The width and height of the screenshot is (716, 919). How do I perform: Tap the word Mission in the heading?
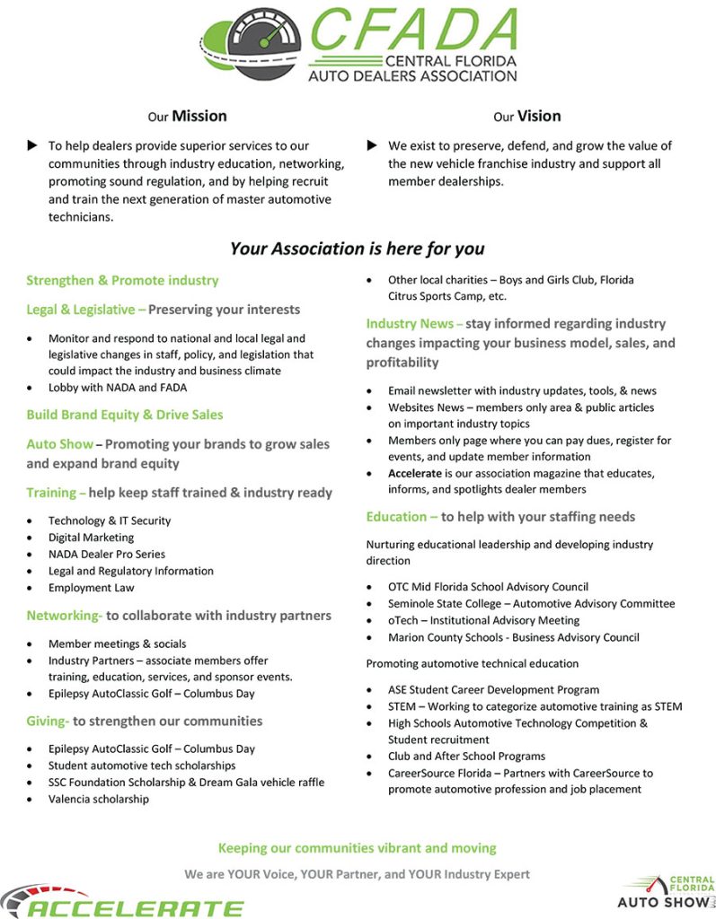[x=199, y=116]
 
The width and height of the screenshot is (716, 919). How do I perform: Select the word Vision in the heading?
[x=539, y=116]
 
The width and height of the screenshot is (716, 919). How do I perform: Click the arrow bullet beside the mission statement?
[x=33, y=145]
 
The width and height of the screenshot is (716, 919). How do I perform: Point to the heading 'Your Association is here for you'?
[x=357, y=249]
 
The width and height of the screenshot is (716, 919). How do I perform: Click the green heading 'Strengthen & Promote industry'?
[x=122, y=280]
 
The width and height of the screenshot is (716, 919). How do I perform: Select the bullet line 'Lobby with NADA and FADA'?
[x=118, y=388]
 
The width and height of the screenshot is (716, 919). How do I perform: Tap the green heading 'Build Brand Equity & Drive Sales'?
[x=125, y=415]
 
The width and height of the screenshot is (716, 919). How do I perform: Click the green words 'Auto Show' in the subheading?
[x=59, y=444]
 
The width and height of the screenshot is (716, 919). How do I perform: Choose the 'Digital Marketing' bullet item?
[x=91, y=538]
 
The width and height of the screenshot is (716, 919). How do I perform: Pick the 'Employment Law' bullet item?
[x=91, y=588]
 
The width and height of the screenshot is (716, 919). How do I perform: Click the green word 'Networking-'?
[x=64, y=616]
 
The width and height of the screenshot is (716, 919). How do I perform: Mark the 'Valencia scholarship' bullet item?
[x=99, y=799]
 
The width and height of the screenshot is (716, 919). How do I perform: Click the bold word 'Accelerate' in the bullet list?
[x=415, y=473]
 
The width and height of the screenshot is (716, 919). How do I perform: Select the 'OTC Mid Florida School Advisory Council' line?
[x=488, y=587]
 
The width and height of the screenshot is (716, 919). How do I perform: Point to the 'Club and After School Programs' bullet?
[x=466, y=756]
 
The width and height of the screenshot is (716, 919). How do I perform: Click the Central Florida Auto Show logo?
[x=667, y=892]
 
